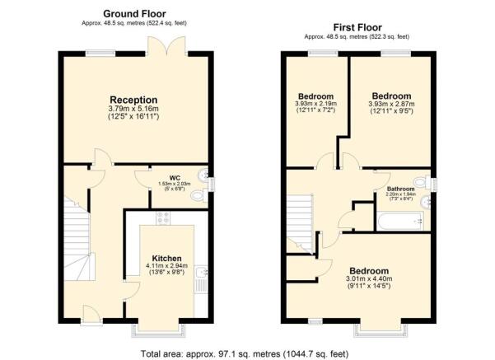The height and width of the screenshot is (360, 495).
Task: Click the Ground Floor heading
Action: click(x=134, y=14)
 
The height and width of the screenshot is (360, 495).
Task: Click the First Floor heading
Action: click(x=357, y=27)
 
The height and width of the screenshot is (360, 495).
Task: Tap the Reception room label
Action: click(x=133, y=100)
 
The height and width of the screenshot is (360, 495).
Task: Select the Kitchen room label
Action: click(x=166, y=259)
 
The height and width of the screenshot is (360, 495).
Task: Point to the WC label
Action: click(x=175, y=178)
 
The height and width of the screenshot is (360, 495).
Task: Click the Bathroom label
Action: click(x=400, y=189)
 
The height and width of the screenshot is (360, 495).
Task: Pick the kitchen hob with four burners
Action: click(x=163, y=217)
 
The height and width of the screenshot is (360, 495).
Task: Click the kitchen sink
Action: click(x=201, y=272)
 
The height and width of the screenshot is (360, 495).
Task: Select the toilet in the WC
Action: click(x=198, y=196)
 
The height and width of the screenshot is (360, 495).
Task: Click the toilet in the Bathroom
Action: click(x=421, y=182)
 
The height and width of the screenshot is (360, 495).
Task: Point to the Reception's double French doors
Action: click(x=167, y=46)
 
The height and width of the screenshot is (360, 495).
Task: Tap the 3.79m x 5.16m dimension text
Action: click(x=133, y=109)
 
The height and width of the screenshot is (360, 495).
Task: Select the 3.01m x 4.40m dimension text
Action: click(x=369, y=278)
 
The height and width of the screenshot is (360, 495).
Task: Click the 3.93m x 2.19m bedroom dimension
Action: click(x=315, y=104)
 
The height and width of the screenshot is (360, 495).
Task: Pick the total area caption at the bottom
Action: click(x=245, y=353)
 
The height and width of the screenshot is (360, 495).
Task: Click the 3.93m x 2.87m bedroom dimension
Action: click(x=391, y=104)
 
